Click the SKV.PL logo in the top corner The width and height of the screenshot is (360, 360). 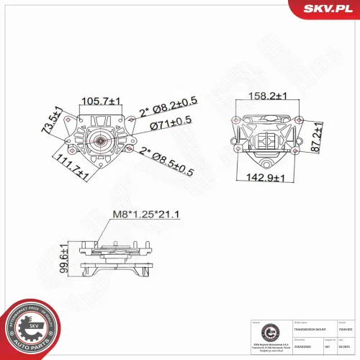tap(327, 9)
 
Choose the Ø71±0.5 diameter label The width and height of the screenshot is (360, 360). tap(171, 126)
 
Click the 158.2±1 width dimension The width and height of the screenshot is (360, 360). tap(268, 95)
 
